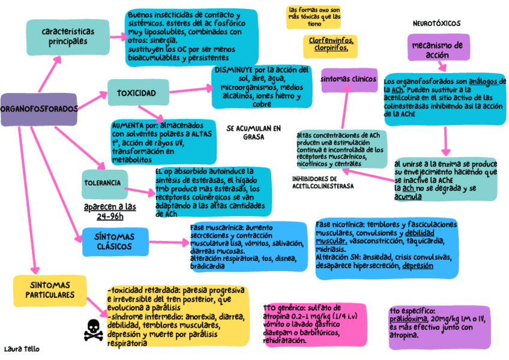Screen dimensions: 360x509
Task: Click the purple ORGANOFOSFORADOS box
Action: coord(39,110)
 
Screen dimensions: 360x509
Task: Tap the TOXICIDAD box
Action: coord(136,93)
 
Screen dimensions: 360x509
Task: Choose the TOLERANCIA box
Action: coord(104,183)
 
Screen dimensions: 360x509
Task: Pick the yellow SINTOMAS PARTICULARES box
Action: coord(49,290)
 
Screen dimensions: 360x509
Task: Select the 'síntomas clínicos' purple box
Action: coord(349,79)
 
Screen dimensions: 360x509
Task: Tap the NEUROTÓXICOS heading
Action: coord(436,23)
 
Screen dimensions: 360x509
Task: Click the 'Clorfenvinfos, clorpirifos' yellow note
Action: coord(331,44)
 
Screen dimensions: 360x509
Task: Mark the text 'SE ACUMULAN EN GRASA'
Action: coord(253,132)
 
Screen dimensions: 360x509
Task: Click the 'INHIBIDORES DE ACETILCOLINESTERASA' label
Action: coord(323,182)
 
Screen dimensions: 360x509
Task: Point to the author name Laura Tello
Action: coord(22,349)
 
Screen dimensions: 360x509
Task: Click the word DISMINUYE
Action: coord(232,70)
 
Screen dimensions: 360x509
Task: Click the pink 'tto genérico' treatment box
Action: coord(314,324)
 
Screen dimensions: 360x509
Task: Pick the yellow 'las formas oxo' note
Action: coord(314,17)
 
